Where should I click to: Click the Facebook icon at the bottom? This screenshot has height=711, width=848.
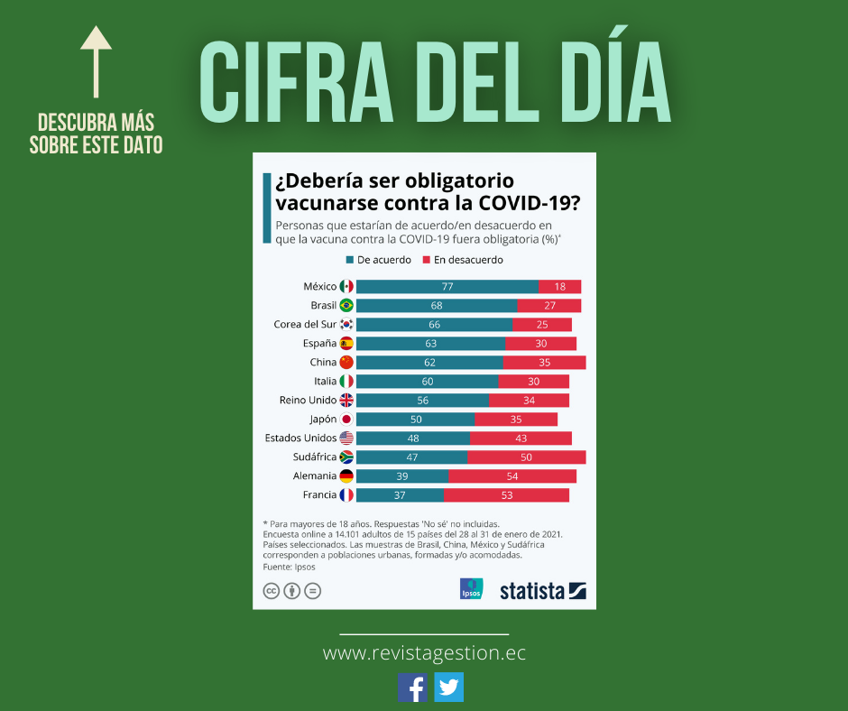point(412,688)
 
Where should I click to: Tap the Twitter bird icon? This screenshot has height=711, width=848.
point(448,688)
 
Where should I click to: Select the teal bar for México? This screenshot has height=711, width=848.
point(447,286)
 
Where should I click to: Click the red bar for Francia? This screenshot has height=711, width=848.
point(506,494)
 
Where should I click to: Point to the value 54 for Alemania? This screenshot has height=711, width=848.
point(512,476)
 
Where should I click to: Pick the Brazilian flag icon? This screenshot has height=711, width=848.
point(346,305)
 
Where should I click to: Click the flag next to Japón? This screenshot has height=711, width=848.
point(346,419)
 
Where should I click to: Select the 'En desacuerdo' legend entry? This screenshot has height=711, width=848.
point(462,260)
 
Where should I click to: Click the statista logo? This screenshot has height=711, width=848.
point(543,591)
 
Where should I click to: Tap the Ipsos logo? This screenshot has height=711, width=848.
point(471,589)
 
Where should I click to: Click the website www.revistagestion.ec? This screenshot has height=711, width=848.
point(424,653)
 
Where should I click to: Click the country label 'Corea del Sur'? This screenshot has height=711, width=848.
point(305,324)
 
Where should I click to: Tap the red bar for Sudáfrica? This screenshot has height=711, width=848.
point(526,457)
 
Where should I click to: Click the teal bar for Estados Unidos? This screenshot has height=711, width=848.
point(413,438)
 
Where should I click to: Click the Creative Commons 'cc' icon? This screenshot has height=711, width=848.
point(271,591)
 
